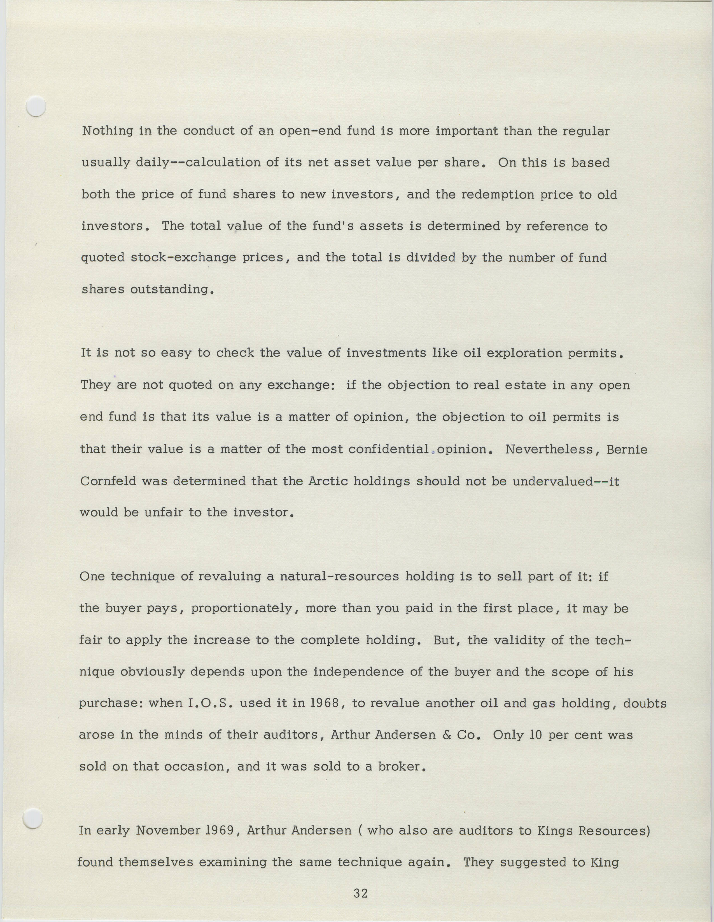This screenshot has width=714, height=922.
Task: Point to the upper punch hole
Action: [x=36, y=106]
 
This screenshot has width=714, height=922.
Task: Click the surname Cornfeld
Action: [x=108, y=481]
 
